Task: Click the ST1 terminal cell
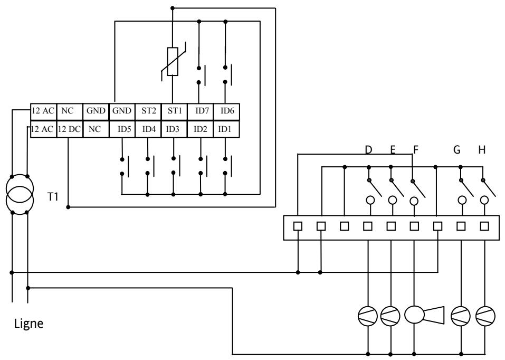(174, 111)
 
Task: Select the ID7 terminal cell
(201, 111)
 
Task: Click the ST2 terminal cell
(148, 111)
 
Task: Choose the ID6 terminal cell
(227, 111)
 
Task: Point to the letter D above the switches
(368, 150)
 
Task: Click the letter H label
(481, 150)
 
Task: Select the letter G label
(457, 150)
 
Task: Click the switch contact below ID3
(174, 166)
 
